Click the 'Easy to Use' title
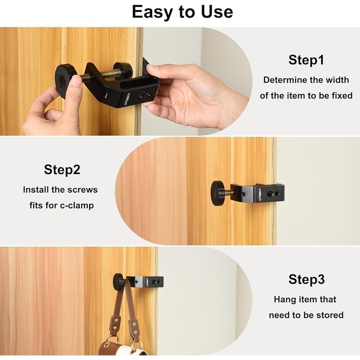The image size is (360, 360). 182,12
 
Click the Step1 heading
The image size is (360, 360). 306,60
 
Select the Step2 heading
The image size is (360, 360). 62,170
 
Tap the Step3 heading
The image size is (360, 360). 306,279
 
